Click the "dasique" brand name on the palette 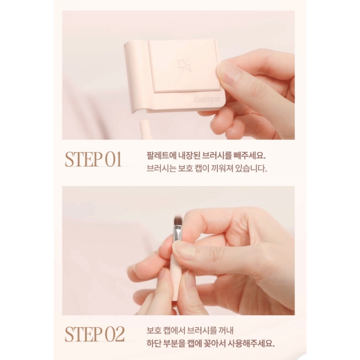click(207, 99)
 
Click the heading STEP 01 click(93, 159)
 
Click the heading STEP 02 click(95, 334)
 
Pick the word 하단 click(154, 344)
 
